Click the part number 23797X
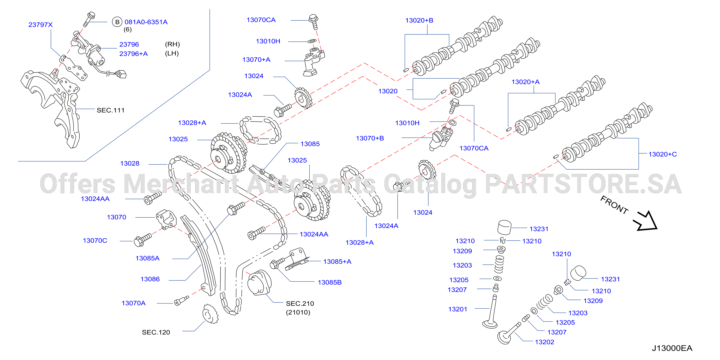(x=40, y=25)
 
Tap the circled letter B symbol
(x=117, y=22)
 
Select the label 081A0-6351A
(x=146, y=22)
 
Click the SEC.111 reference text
(x=110, y=110)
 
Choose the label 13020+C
(x=663, y=154)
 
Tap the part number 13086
(x=150, y=279)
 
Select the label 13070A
(x=133, y=303)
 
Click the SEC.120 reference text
(x=156, y=332)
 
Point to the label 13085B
(x=330, y=282)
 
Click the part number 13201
(x=458, y=309)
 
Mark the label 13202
(x=544, y=342)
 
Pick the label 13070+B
(x=370, y=138)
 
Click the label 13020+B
(x=419, y=20)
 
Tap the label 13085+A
(x=337, y=261)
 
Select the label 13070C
(x=95, y=240)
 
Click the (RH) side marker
(x=172, y=44)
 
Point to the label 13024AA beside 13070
(x=95, y=199)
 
